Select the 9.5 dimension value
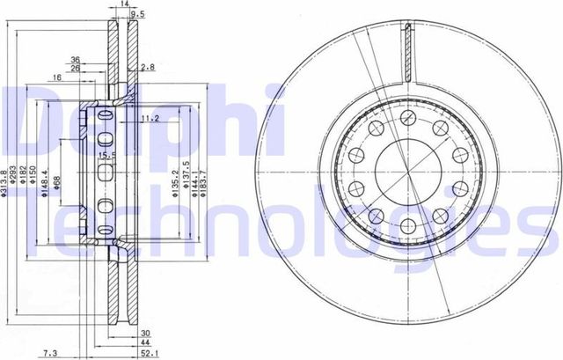pyautogui.click(x=137, y=15)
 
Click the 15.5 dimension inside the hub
pyautogui.click(x=106, y=156)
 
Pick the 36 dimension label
pyautogui.click(x=77, y=60)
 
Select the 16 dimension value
pyautogui.click(x=56, y=78)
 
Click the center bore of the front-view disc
pyautogui.click(x=406, y=170)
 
